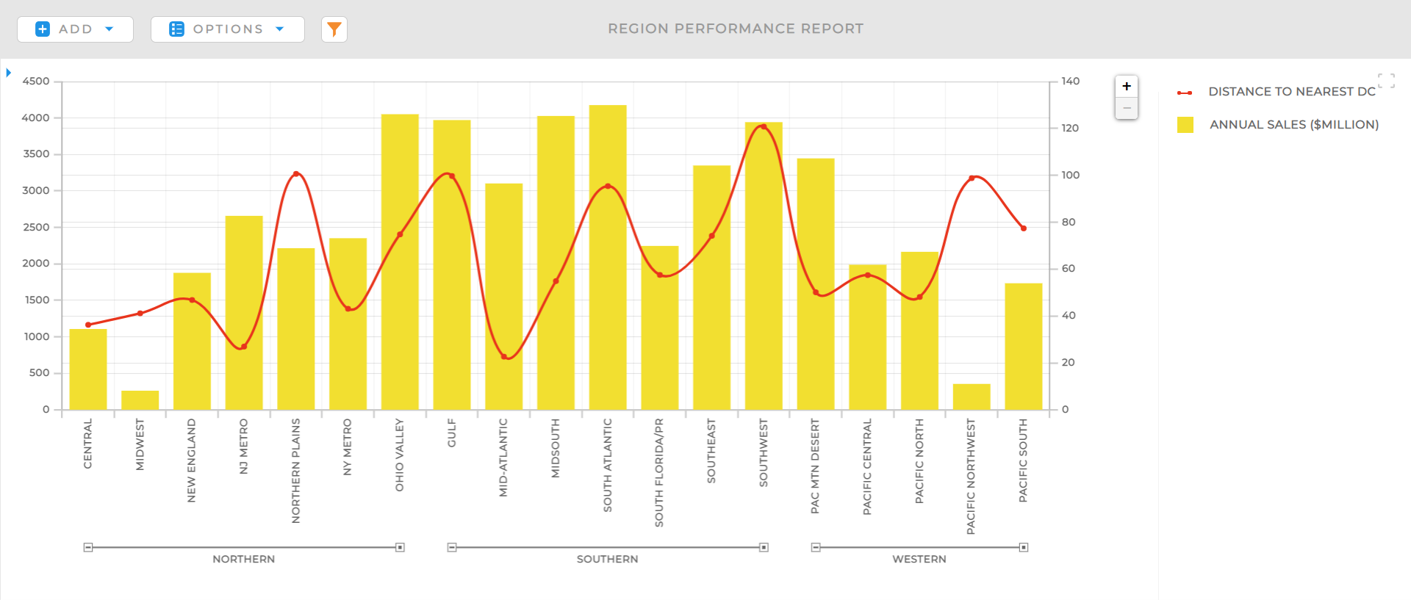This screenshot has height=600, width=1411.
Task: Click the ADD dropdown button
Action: tap(75, 29)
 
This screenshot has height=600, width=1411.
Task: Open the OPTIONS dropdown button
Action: tap(227, 29)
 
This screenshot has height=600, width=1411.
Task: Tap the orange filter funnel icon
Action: tap(334, 29)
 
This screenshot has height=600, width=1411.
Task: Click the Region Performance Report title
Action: tap(735, 29)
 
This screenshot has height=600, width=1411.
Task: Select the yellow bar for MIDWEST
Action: tap(140, 400)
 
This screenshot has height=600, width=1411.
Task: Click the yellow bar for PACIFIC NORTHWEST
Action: tap(971, 397)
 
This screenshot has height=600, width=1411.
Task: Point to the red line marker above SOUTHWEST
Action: tap(763, 127)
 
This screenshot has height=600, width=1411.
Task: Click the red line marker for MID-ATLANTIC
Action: tap(504, 357)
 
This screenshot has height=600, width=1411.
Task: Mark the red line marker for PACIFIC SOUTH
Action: tap(1023, 228)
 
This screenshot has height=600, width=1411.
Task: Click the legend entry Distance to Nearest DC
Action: tap(1291, 92)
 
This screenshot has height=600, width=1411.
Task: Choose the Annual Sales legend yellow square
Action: tap(1185, 125)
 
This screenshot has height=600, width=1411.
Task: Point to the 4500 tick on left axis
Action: tap(36, 82)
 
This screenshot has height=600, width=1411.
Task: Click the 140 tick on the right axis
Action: tap(1070, 82)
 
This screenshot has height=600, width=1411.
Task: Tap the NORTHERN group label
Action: tap(243, 559)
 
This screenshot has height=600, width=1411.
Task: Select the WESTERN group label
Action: tap(919, 559)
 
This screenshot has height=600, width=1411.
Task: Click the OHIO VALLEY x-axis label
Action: tap(400, 455)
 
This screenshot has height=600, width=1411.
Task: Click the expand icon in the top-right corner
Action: tap(1386, 81)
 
